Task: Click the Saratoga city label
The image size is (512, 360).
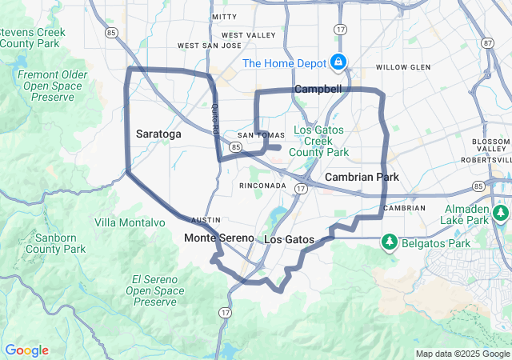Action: (158, 134)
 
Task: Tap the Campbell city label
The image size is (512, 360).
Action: (318, 89)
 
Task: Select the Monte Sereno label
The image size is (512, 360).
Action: (218, 238)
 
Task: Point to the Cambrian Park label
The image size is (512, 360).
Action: (362, 176)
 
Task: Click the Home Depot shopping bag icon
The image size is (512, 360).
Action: (338, 62)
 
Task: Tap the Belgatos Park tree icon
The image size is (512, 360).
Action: (390, 241)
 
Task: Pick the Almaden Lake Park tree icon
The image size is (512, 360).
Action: (501, 213)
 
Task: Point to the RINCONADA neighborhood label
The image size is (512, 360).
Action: (262, 185)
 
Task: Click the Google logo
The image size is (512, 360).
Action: (26, 350)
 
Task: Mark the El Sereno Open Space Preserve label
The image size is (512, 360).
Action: (151, 290)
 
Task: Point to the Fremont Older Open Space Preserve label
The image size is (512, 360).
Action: (53, 85)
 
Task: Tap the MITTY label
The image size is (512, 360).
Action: (224, 16)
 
